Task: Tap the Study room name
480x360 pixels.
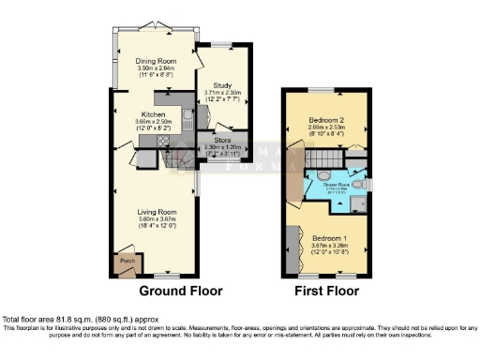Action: coord(222,84)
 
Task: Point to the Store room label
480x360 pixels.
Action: coord(222,140)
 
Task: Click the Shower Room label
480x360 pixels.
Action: coord(337,184)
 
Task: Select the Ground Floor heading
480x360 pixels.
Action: coord(181,291)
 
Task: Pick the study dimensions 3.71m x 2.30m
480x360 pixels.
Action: coord(222,92)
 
